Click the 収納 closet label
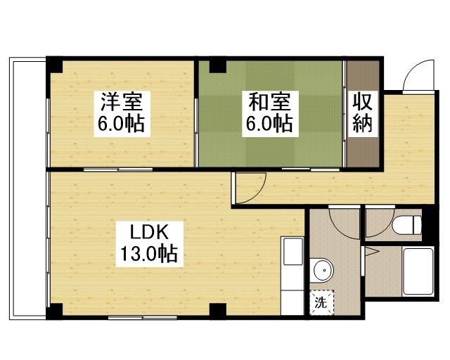tap(363, 112)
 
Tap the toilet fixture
tap(406, 225)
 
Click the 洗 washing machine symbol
tap(321, 304)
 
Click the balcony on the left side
tap(28, 190)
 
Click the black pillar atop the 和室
tap(217, 66)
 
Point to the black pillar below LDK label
tap(218, 310)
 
